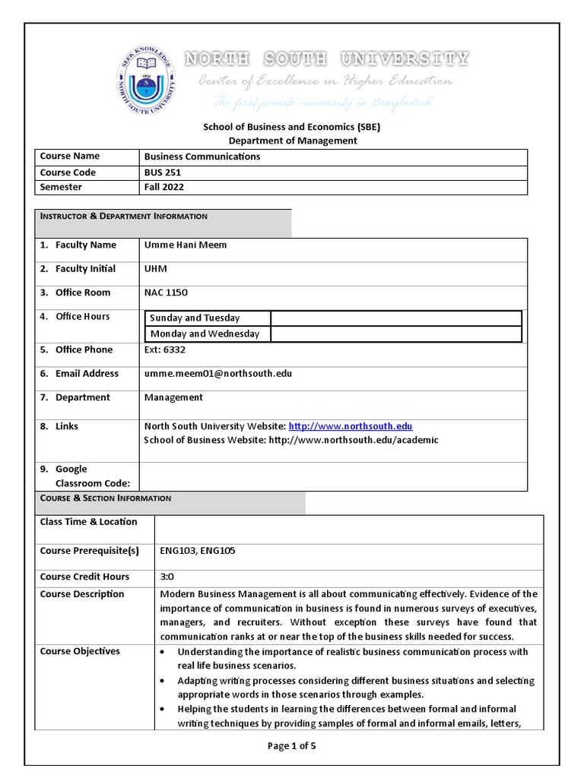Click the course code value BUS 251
(163, 172)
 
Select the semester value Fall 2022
(164, 187)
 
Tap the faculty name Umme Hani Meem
(186, 245)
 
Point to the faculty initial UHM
(156, 269)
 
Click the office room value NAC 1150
(166, 293)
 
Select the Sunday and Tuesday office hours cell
(195, 318)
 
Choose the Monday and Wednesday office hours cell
(205, 334)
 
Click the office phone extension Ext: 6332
(164, 350)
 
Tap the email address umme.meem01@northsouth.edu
(218, 374)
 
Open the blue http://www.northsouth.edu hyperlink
(351, 427)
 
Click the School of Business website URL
(353, 441)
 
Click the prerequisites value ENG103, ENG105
(198, 551)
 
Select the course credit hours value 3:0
(167, 577)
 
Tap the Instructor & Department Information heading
(123, 217)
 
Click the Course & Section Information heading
(106, 498)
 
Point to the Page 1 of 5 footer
(291, 746)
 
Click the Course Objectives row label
(80, 652)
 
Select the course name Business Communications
(202, 157)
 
